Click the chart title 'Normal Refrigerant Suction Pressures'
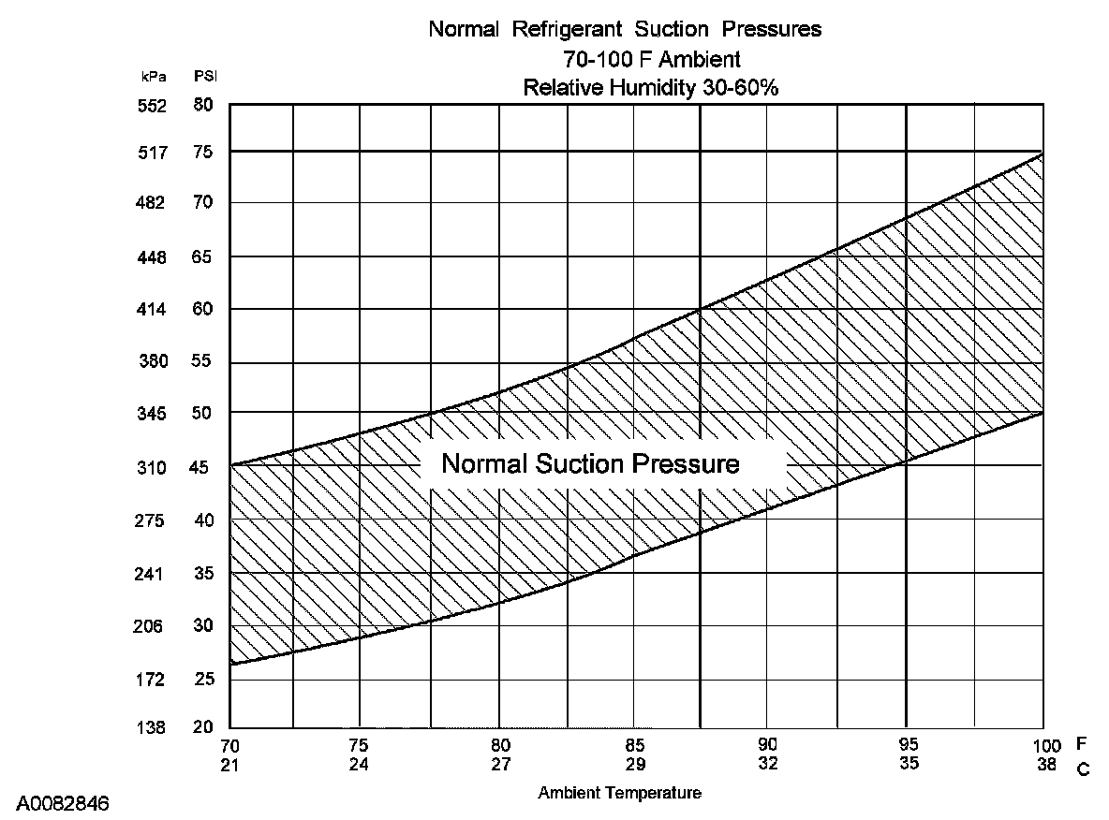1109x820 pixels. point(625,29)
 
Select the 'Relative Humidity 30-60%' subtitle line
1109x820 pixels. point(651,88)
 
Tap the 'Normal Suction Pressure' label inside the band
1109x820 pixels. point(590,464)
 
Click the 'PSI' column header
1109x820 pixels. point(204,75)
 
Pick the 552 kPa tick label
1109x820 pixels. point(152,107)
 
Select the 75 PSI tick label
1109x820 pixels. point(203,152)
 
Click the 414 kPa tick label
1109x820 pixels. point(152,309)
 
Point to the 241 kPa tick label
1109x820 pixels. point(152,574)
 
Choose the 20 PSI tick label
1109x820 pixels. point(203,727)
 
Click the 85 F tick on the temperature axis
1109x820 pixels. point(636,746)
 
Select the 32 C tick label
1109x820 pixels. point(767,763)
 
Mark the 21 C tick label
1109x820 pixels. point(229,763)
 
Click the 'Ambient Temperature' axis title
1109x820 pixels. point(619,793)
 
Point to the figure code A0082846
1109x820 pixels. point(62,803)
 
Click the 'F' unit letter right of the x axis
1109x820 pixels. point(1082,745)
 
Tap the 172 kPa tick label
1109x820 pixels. point(152,680)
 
